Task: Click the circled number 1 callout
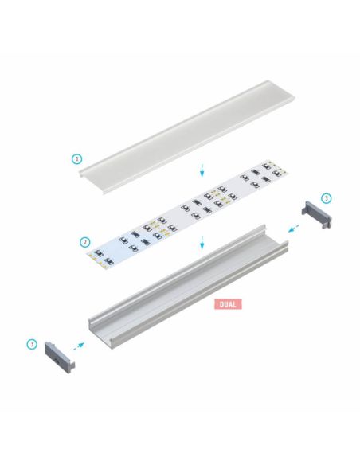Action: click(x=77, y=158)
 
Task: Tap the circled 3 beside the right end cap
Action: click(x=325, y=197)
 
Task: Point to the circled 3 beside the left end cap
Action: click(x=32, y=344)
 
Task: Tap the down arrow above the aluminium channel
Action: click(x=203, y=241)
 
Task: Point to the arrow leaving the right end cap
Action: click(x=294, y=228)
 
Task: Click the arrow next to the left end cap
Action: click(x=78, y=345)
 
